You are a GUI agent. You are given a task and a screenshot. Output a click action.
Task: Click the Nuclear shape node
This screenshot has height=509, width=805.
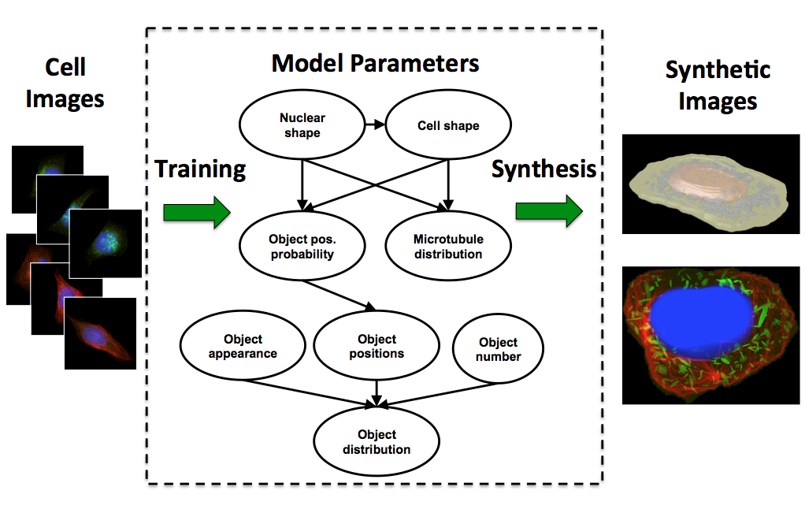(x=302, y=126)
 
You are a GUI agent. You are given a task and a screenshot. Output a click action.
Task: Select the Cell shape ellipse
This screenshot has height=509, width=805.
(x=447, y=126)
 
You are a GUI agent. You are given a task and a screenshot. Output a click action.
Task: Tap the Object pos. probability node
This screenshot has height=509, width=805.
(x=302, y=247)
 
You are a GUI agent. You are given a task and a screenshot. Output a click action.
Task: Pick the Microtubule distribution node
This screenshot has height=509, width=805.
(x=447, y=247)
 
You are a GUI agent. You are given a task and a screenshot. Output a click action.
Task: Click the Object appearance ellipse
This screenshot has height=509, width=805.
(x=243, y=347)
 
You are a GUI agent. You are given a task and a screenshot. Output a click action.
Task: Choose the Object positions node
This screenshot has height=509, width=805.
(x=377, y=347)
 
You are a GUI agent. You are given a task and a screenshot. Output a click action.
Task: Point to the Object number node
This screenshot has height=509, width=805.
(x=498, y=349)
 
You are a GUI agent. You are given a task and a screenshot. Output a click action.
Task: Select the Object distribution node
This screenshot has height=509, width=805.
(x=377, y=442)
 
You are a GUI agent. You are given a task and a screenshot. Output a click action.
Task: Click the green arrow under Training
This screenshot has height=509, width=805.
(x=196, y=212)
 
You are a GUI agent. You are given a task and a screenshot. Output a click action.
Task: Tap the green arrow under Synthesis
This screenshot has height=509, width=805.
(x=548, y=211)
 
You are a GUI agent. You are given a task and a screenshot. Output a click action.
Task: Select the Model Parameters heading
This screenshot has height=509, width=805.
(x=375, y=63)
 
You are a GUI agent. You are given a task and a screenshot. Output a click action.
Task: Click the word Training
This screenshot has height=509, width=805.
(x=200, y=169)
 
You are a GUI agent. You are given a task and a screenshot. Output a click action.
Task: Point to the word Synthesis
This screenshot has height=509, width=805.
(x=543, y=169)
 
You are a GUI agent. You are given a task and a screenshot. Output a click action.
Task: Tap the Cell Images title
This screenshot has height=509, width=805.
(x=65, y=84)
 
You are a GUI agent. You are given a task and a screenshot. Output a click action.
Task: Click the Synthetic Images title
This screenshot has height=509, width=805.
(x=718, y=85)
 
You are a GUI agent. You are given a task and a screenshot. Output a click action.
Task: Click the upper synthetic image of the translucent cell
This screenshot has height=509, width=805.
(x=710, y=184)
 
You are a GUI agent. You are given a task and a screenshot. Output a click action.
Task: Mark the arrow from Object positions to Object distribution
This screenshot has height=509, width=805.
(x=377, y=392)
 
